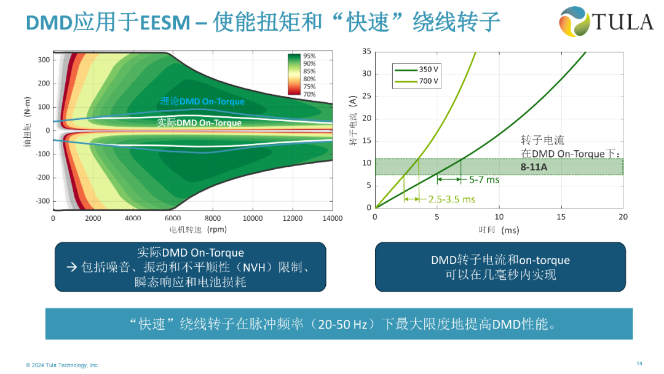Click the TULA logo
[x=605, y=23]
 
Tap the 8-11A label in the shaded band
[x=536, y=166]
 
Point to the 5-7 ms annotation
[x=484, y=180]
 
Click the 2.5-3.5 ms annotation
[x=452, y=199]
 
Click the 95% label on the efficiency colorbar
[x=309, y=56]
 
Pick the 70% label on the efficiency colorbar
[x=309, y=94]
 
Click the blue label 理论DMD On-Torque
[x=202, y=101]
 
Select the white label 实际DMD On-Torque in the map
[x=199, y=122]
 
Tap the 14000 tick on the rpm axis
[x=333, y=218]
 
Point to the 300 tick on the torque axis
[x=44, y=60]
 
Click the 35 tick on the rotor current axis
[x=366, y=51]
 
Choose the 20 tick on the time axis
[x=623, y=217]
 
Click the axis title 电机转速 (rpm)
[x=199, y=229]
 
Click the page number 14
[x=639, y=362]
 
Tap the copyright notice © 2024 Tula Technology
[x=62, y=365]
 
